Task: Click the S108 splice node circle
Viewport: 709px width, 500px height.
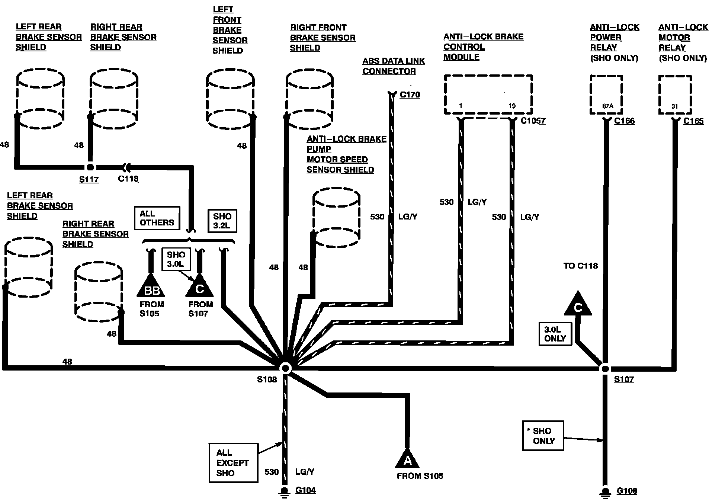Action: pos(285,368)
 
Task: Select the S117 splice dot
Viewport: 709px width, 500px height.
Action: pos(90,167)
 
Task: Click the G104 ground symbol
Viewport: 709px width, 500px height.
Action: pos(285,492)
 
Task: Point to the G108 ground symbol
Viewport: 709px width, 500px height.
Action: pos(605,492)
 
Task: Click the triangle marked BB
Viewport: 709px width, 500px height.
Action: pos(151,287)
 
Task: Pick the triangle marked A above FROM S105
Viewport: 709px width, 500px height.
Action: pos(407,458)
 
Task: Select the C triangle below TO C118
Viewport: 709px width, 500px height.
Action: pos(578,305)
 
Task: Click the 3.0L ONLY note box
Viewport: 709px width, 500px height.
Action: pos(555,334)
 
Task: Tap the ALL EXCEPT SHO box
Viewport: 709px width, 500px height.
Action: pos(233,463)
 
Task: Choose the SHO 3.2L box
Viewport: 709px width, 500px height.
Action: pos(222,221)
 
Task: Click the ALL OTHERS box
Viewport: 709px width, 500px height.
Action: pos(157,218)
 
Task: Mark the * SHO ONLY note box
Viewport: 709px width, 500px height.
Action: pos(543,436)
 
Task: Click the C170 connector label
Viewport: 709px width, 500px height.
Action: pos(410,95)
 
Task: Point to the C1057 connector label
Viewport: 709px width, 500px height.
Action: pos(533,121)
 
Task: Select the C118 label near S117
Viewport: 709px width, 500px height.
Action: pos(128,179)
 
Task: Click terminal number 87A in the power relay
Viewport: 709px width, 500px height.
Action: pos(607,106)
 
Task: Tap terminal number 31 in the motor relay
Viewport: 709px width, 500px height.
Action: pos(675,106)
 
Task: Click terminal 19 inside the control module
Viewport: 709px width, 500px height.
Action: pos(512,106)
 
